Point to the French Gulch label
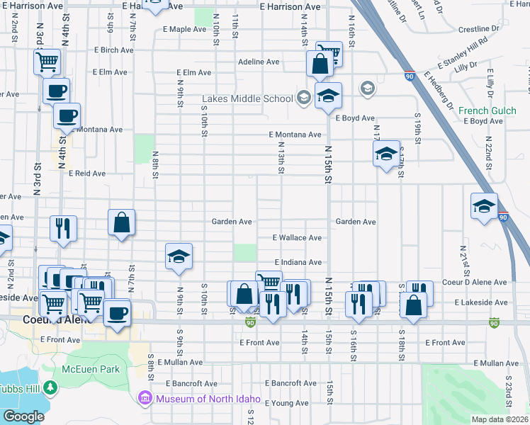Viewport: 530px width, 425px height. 483,110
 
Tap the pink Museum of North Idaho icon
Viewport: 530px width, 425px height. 147,398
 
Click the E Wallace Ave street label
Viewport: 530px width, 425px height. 298,238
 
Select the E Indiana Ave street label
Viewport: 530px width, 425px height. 298,262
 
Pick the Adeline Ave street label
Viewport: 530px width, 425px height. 259,62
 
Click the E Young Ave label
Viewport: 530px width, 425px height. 287,402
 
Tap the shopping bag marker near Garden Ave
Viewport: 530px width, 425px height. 122,222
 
